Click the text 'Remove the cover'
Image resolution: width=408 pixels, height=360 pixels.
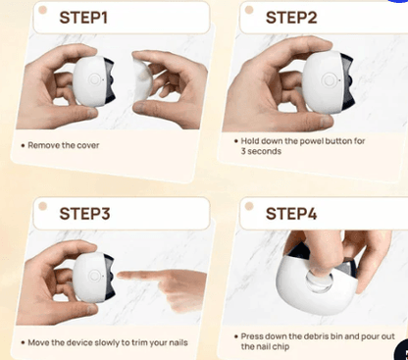tap(61, 145)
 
